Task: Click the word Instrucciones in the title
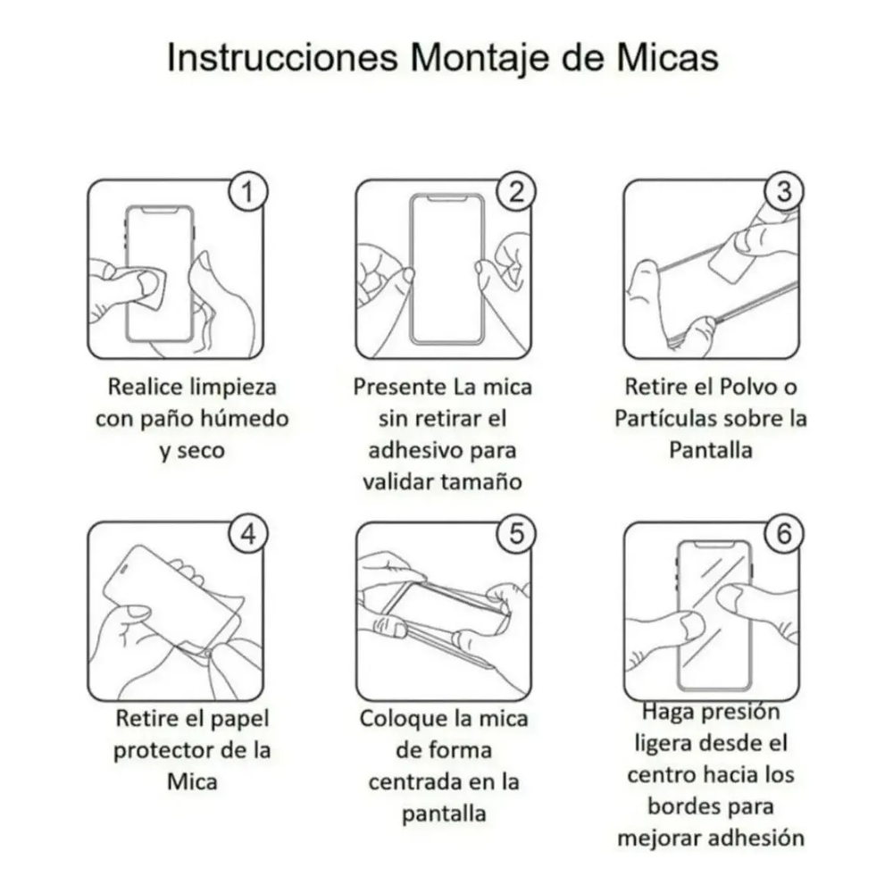(x=282, y=57)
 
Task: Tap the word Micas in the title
(x=668, y=57)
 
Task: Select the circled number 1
(x=248, y=192)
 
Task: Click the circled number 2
(x=516, y=192)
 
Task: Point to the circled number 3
(x=784, y=192)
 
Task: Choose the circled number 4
(x=248, y=534)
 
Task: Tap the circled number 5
(x=516, y=534)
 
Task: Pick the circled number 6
(x=784, y=534)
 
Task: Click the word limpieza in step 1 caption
(x=233, y=388)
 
